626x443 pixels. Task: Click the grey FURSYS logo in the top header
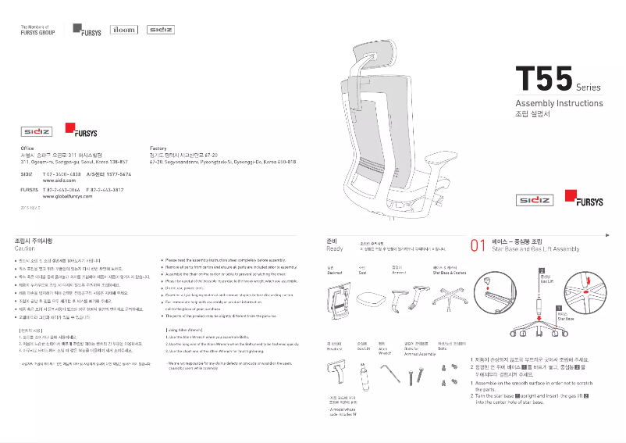(87, 30)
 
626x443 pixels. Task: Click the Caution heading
(25, 248)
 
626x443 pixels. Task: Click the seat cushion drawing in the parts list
(370, 298)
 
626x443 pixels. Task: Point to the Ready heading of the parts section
(334, 248)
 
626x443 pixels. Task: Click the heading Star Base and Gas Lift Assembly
(535, 248)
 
